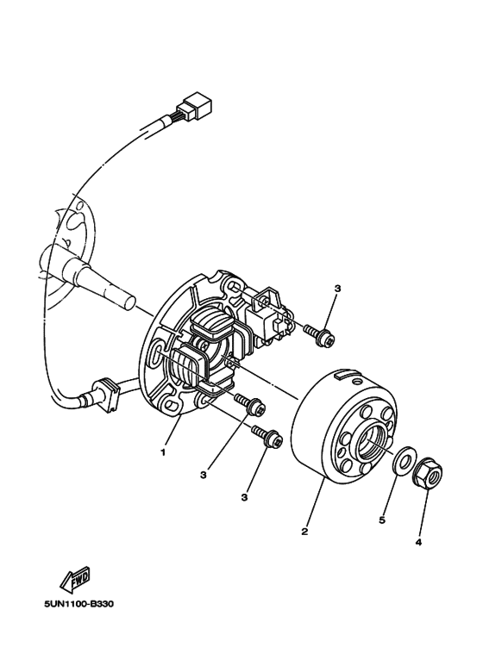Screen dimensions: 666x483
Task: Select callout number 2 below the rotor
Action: click(304, 531)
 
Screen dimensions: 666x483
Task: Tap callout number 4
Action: click(419, 543)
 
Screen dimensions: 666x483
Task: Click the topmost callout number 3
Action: click(337, 289)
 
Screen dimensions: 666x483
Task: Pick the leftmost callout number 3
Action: click(203, 473)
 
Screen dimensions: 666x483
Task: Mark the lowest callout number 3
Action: click(245, 496)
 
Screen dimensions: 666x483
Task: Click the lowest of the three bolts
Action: click(267, 438)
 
